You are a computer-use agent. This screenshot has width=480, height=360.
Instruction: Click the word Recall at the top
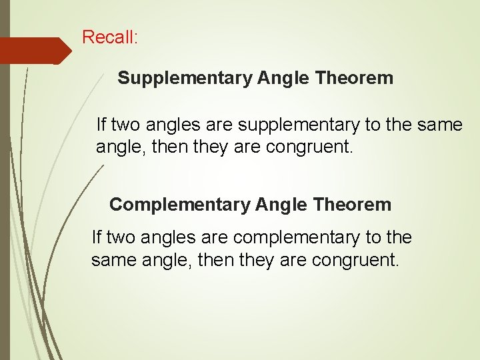click(107, 37)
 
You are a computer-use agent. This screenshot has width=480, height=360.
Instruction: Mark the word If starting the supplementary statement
click(101, 124)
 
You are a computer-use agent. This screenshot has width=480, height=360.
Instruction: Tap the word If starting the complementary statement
click(96, 237)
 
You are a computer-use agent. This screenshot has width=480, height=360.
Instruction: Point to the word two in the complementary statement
click(119, 237)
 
